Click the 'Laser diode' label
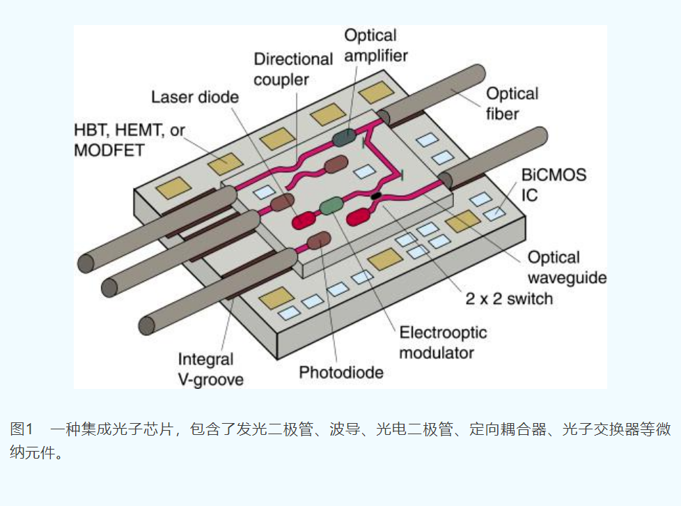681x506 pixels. click(x=195, y=96)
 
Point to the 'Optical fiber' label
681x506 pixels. click(x=512, y=102)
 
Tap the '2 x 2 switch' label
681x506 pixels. click(x=508, y=299)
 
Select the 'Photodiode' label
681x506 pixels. click(x=341, y=372)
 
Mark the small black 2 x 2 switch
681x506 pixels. click(x=376, y=196)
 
